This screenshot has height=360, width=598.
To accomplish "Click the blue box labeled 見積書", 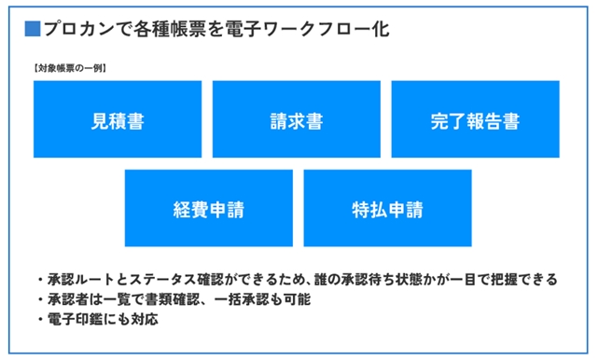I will pyautogui.click(x=118, y=120).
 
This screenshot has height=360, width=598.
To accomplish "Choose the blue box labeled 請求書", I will pyautogui.click(x=297, y=120).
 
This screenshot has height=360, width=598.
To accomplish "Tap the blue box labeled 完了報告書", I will pyautogui.click(x=475, y=120).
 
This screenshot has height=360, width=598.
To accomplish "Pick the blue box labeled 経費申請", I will pyautogui.click(x=209, y=208).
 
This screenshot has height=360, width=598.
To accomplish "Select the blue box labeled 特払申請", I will pyautogui.click(x=388, y=208).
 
